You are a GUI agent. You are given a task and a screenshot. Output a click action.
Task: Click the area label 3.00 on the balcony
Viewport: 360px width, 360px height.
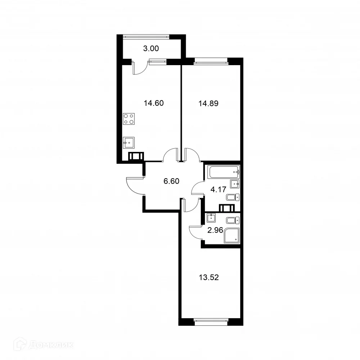click(x=151, y=48)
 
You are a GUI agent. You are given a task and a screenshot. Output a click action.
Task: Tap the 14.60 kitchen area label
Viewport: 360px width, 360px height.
click(x=154, y=103)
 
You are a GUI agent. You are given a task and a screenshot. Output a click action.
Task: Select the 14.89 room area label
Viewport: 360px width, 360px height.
click(x=209, y=103)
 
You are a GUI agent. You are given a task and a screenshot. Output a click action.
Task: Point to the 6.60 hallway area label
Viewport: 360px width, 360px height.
click(x=171, y=181)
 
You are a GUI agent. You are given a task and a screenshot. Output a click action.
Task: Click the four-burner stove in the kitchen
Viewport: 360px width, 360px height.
click(x=129, y=119)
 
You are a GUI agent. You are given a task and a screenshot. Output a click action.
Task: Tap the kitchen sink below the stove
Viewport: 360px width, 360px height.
click(x=129, y=143)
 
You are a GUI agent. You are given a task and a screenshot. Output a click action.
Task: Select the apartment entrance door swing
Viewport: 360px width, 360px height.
click(x=135, y=185)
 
